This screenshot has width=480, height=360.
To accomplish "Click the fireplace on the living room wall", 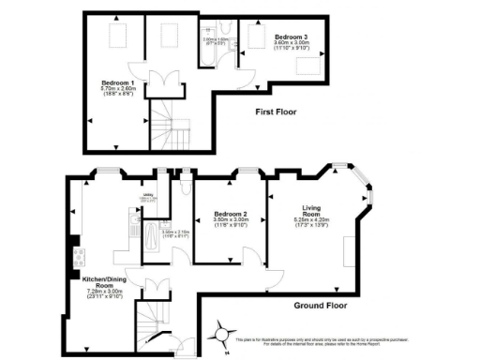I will [x=349, y=250].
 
